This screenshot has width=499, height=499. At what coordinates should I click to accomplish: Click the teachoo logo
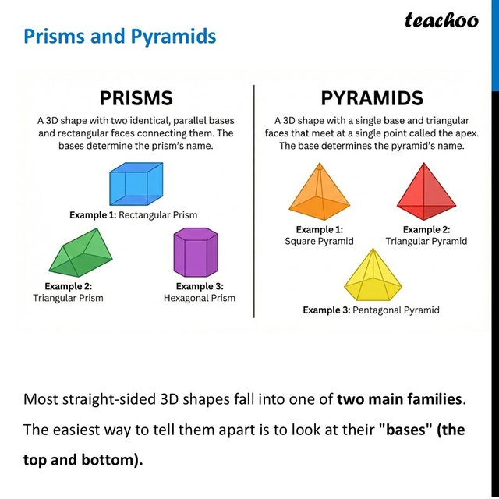[x=441, y=20]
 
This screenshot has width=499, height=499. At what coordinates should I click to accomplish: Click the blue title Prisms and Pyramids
[x=119, y=37]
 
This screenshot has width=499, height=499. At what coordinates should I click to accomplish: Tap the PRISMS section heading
[x=136, y=98]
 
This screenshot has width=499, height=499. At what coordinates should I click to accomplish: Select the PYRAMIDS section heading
[x=372, y=98]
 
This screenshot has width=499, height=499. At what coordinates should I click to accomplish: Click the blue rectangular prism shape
[x=136, y=184]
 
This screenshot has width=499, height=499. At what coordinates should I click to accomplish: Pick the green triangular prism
[x=80, y=253]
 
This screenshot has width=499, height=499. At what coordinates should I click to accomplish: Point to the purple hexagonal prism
[x=196, y=253]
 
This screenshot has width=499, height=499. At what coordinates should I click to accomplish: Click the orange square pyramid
[x=320, y=192]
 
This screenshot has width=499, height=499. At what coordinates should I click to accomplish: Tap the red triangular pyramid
[x=426, y=192]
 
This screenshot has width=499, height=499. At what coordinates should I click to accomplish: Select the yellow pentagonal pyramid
[x=373, y=275]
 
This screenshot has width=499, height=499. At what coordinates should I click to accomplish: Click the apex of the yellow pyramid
[x=373, y=249]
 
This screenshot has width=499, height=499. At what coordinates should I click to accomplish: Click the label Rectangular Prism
[x=157, y=215]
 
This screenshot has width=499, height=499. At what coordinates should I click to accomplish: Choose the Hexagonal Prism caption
[x=200, y=298]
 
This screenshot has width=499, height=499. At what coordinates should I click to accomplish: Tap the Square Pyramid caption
[x=319, y=241]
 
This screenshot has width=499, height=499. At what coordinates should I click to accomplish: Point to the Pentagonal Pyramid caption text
[x=396, y=310]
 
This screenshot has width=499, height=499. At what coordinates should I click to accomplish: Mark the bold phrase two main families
[x=399, y=399]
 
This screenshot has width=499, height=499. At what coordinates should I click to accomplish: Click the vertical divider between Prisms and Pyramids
[x=254, y=201]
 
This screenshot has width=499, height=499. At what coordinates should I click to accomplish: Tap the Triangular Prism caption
[x=68, y=298]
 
